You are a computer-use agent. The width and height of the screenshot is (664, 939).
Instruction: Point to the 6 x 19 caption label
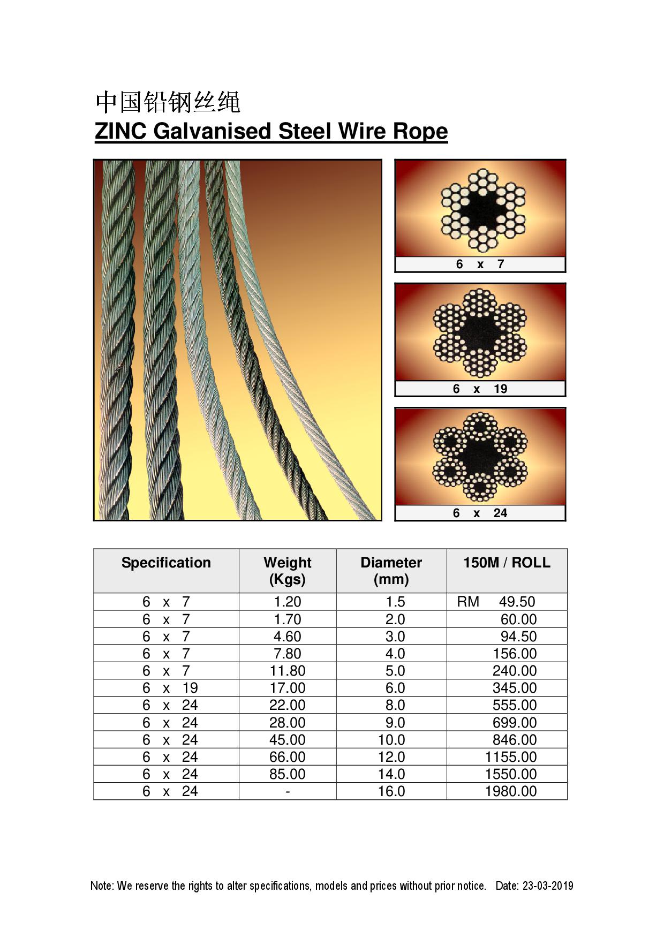point(480,389)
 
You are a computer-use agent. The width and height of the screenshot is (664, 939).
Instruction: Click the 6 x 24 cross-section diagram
point(480,457)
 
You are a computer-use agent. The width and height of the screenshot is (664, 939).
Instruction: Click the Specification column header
point(166,563)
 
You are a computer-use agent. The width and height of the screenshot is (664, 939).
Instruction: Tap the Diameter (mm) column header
point(391,571)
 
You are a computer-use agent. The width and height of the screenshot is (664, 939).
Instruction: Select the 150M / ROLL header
point(507,563)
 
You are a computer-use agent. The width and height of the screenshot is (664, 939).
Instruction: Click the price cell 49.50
point(517,602)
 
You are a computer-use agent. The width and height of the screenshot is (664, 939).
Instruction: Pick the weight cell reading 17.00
point(288,688)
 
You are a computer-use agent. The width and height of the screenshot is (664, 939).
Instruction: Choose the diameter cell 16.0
point(391,791)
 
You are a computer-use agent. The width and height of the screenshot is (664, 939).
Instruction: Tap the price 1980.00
point(511,791)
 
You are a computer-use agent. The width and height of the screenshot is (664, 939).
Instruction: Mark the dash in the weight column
point(288,792)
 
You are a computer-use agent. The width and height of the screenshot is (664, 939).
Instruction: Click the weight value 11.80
point(288,671)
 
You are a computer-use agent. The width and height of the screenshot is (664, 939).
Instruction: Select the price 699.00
point(515,723)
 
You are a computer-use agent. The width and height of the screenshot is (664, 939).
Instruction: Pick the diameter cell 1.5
point(395,602)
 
